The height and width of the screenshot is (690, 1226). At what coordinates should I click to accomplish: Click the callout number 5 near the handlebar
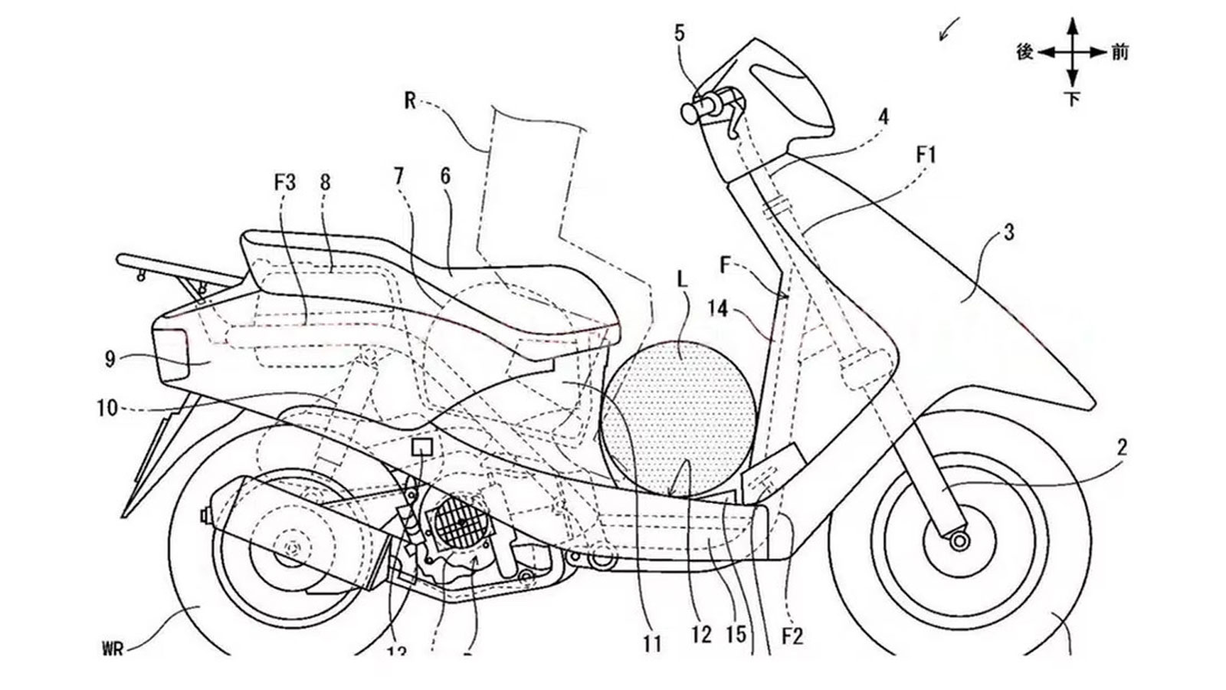[x=680, y=33]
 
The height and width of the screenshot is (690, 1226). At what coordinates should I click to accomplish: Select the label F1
[x=926, y=156]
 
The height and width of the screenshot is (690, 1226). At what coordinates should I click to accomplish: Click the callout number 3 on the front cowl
[x=1008, y=232]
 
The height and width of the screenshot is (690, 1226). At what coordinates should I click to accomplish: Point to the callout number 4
[x=883, y=117]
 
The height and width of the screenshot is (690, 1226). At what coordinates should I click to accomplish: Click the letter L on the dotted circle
[x=682, y=281]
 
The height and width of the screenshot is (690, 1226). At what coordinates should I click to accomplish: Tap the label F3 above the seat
[x=284, y=183]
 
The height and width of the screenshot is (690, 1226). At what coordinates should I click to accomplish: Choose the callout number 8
[x=325, y=182]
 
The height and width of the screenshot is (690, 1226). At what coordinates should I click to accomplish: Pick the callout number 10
[x=108, y=409]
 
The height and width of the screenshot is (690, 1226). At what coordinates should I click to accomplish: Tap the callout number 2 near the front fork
[x=1122, y=448]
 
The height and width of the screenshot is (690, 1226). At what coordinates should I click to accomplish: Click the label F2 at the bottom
[x=792, y=636]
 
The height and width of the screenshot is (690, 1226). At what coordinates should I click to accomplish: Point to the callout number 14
[x=718, y=309]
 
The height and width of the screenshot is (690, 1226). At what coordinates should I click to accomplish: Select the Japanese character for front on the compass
[x=1119, y=52]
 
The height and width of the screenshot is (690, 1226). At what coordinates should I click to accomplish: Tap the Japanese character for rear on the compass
[x=1025, y=52]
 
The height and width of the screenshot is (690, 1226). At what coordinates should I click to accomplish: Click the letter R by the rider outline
[x=411, y=100]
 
